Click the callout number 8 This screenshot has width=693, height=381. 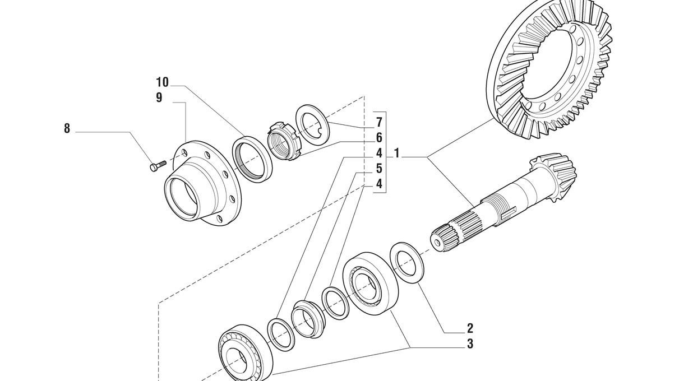point(67,128)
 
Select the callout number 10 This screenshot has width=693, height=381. point(163,82)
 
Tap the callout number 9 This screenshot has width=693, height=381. point(159,97)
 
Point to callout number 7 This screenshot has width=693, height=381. point(379,123)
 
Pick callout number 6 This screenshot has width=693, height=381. point(379,138)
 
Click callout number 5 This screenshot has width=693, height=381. point(379,169)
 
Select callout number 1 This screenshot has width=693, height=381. point(396,154)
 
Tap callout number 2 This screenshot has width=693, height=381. point(470,328)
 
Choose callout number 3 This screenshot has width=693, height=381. point(470,343)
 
